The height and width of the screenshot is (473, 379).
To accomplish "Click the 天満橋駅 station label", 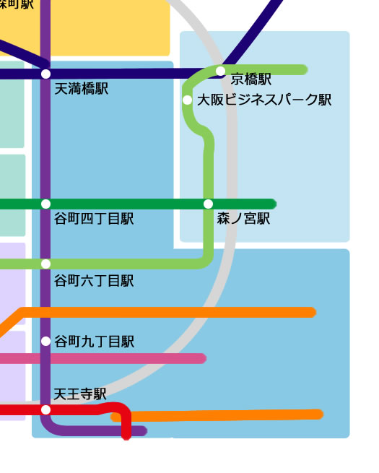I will tap(82, 89).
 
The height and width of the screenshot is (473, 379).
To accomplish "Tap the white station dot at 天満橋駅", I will tap(46, 74).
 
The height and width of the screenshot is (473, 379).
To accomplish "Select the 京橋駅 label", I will tap(251, 79).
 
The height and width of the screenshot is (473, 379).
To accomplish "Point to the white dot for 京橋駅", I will tap(220, 71).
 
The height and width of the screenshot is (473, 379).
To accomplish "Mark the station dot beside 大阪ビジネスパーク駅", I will tap(188, 100).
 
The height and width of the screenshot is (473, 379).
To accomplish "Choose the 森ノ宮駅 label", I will tap(243, 218).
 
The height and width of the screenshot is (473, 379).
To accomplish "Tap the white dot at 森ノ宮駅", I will tap(209, 204).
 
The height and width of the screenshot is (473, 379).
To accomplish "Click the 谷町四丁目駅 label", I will tap(94, 218).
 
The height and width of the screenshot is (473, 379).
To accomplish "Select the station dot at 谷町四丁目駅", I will tap(46, 204).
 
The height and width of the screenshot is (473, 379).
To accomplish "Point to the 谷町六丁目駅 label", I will tap(94, 281).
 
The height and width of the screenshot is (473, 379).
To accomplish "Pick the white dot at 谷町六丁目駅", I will tap(46, 264).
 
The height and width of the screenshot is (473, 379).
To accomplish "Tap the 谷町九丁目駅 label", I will tap(94, 342).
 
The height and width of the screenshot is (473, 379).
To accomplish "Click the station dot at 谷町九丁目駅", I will tap(46, 341).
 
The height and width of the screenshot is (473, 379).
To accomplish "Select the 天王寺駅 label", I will tap(80, 394).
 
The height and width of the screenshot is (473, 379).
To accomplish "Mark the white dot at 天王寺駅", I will tap(46, 409).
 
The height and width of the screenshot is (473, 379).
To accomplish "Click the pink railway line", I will tap(130, 358).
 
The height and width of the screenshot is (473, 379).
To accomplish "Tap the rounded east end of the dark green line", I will tap(271, 204).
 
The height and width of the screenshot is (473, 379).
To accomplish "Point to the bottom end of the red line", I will tap(126, 435).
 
